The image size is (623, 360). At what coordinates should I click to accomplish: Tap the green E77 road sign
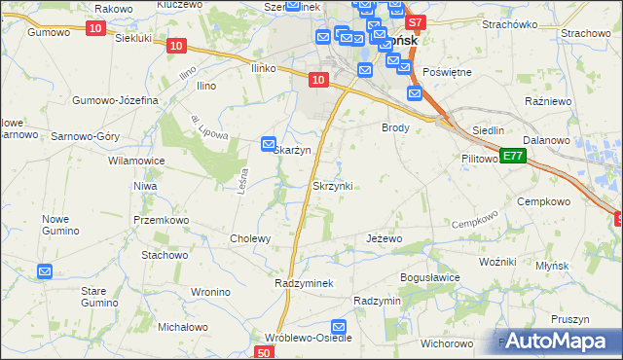pyautogui.click(x=515, y=156)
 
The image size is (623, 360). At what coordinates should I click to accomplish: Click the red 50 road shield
pyautogui.click(x=266, y=352)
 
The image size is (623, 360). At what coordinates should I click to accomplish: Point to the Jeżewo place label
pyautogui.click(x=384, y=238)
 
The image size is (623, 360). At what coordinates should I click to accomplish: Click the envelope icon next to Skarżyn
pyautogui.click(x=269, y=145)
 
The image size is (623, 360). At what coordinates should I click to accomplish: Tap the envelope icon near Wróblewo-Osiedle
pyautogui.click(x=339, y=328)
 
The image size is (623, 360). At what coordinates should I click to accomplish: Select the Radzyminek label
pyautogui.click(x=305, y=282)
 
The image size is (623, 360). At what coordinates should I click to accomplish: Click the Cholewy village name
pyautogui.click(x=249, y=238)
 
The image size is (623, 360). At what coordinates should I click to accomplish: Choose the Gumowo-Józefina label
pyautogui.click(x=116, y=100)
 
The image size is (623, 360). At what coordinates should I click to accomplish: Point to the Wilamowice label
pyautogui.click(x=136, y=161)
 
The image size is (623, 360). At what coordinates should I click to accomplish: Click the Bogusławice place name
pyautogui.click(x=430, y=277)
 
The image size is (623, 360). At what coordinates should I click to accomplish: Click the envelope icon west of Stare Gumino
pyautogui.click(x=45, y=271)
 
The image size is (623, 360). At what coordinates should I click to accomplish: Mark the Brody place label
pyautogui.click(x=395, y=127)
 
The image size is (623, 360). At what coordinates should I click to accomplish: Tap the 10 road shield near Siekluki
pyautogui.click(x=94, y=28)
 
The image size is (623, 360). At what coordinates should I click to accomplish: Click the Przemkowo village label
pyautogui.click(x=161, y=220)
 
